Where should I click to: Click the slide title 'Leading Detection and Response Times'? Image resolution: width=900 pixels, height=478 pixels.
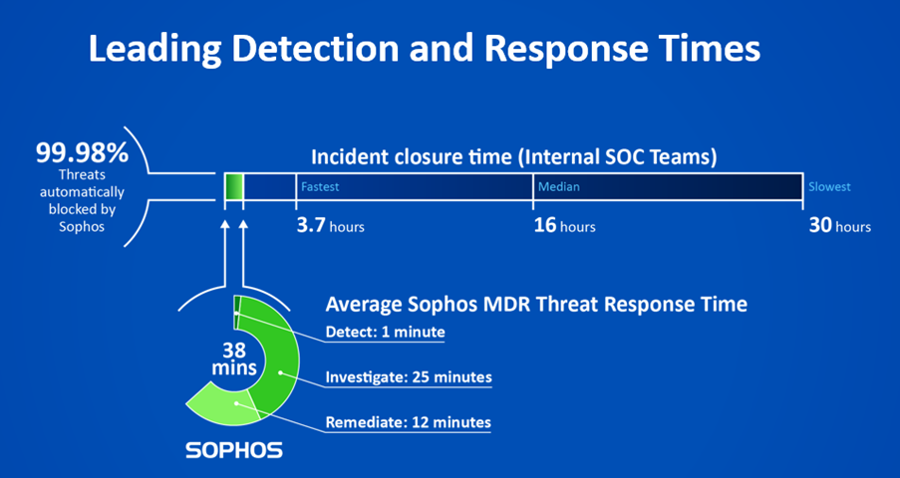(x=425, y=48)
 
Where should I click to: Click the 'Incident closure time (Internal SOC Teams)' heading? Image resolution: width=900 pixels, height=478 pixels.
(x=514, y=157)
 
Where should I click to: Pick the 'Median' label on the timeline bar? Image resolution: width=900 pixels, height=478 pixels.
(x=558, y=187)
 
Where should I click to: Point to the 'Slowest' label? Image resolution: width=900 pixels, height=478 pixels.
(x=829, y=187)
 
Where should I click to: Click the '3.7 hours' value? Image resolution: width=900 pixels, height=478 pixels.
(x=330, y=226)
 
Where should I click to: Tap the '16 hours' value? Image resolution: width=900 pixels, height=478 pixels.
(x=564, y=226)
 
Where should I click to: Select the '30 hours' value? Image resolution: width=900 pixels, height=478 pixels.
(x=839, y=226)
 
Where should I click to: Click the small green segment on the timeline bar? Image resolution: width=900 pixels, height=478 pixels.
(x=234, y=187)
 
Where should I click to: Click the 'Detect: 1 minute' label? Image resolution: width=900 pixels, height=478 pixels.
(x=386, y=332)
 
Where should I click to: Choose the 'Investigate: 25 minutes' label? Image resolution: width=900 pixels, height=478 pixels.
(x=409, y=377)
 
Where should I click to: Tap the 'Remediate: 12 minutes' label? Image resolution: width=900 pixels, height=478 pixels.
(x=409, y=422)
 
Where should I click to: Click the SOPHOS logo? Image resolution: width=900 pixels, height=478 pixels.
(x=234, y=450)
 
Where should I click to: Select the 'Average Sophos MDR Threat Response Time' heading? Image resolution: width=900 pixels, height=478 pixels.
(x=536, y=304)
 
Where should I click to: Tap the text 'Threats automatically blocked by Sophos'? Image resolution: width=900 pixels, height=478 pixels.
(x=82, y=198)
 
